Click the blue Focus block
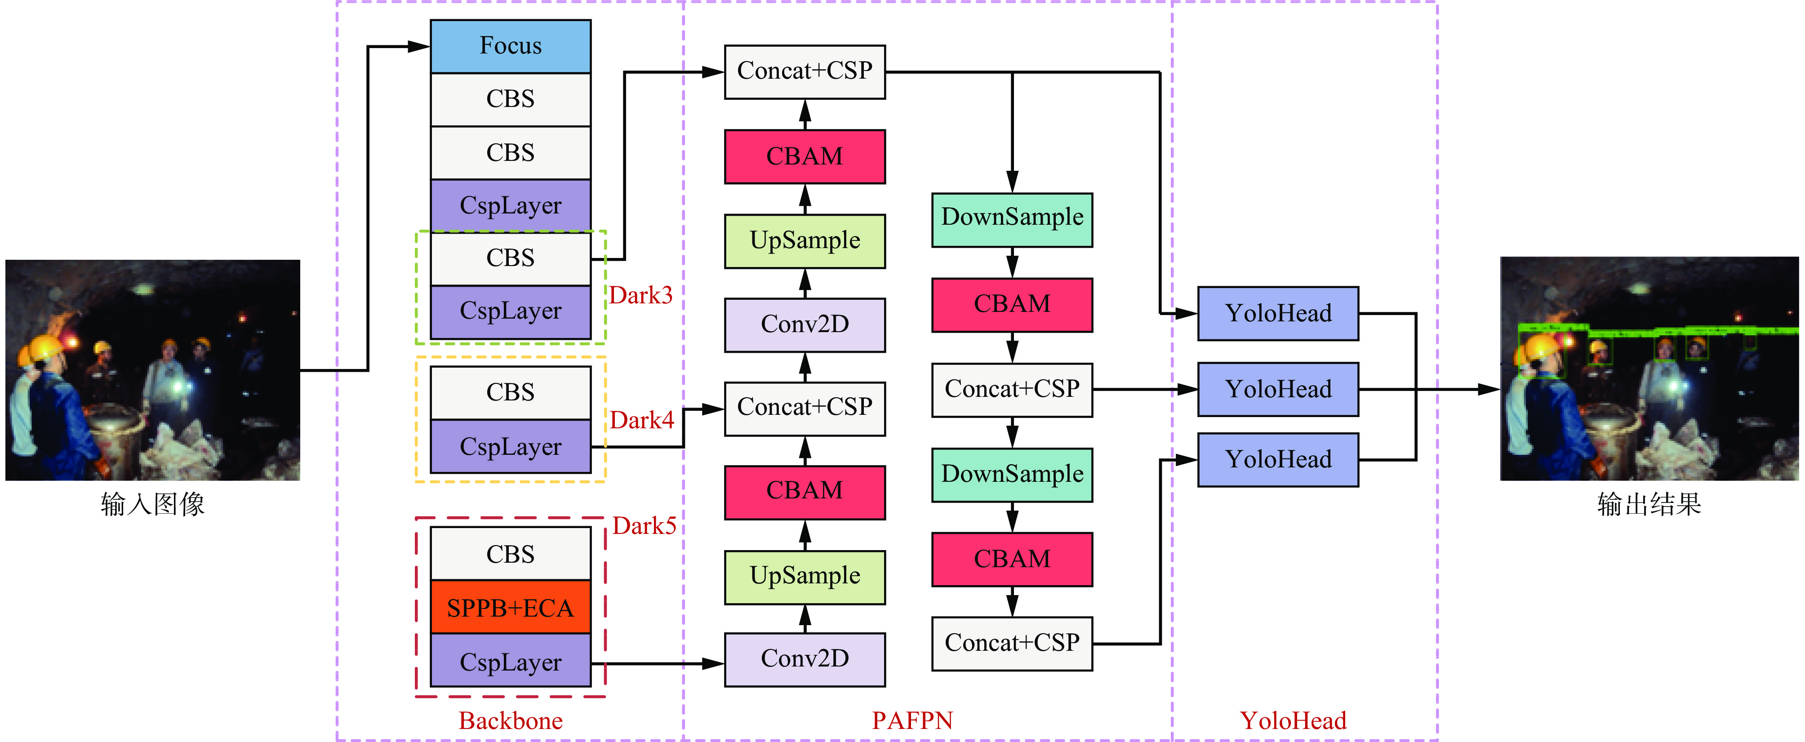coord(510,46)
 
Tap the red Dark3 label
coord(640,295)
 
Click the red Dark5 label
coord(644,525)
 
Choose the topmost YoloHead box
coord(1277,313)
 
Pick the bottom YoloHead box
coord(1277,460)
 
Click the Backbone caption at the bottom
coord(510,720)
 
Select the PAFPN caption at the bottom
coord(912,720)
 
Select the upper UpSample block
coord(805,241)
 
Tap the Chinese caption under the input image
coord(153,504)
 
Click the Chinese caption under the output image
coord(1649,504)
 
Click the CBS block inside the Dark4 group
coord(510,392)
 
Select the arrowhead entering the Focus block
coord(420,47)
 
